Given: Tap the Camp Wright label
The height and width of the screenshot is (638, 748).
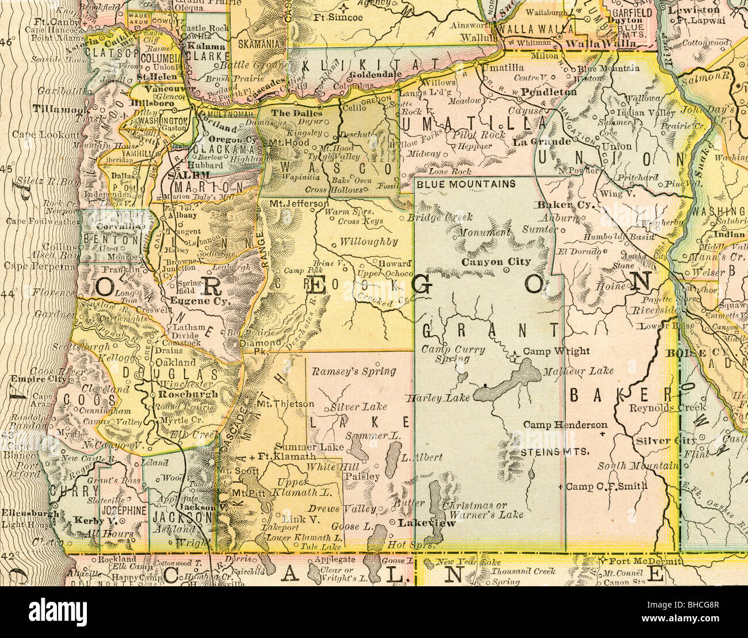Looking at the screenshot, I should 556,351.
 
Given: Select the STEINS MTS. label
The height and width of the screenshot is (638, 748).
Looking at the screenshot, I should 555,452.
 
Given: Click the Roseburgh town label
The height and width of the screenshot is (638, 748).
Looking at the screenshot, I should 189,394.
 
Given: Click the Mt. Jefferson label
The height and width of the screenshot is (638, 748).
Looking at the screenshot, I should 295,203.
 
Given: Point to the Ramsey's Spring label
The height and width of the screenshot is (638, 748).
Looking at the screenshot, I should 353,372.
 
